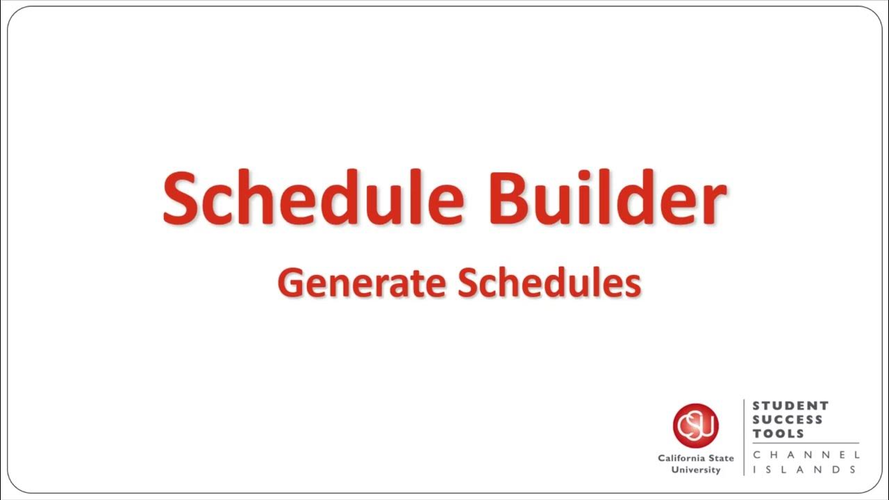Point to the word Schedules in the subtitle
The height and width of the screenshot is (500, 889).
pyautogui.click(x=549, y=283)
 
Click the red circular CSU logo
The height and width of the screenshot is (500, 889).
pyautogui.click(x=695, y=426)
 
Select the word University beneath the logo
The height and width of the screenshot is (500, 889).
pyautogui.click(x=695, y=470)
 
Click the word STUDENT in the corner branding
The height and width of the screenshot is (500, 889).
pyautogui.click(x=790, y=406)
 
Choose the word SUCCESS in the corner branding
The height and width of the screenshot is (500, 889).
pyautogui.click(x=788, y=419)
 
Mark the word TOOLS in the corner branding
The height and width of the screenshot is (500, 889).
pyautogui.click(x=778, y=433)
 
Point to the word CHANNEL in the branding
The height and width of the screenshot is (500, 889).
pyautogui.click(x=806, y=455)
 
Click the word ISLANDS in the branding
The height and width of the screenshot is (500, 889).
pyautogui.click(x=806, y=470)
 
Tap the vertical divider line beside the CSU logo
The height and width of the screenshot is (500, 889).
pyautogui.click(x=744, y=437)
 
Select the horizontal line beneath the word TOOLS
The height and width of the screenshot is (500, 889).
pyautogui.click(x=806, y=443)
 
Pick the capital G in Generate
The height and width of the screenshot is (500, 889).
pyautogui.click(x=290, y=283)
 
